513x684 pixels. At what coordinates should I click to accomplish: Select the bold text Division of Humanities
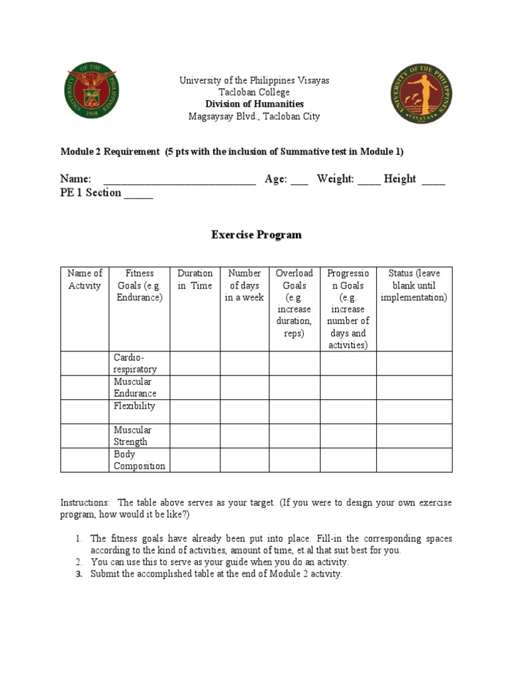coord(254,104)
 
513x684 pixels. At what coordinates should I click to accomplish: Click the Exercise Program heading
coord(256,234)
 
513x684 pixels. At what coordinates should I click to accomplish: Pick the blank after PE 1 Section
coord(138,194)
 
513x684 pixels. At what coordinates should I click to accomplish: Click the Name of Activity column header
coord(85,279)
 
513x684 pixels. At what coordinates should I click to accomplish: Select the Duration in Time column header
coord(195,279)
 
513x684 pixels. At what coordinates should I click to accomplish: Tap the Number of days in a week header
coord(244,285)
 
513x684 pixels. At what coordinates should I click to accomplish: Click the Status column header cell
coord(414,285)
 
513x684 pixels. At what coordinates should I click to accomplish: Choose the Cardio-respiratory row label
coord(135,363)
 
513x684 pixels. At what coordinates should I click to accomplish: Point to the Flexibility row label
coord(134,406)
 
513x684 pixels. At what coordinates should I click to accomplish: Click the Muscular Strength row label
coord(132,436)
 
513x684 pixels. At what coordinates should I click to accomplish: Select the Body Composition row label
coord(139,460)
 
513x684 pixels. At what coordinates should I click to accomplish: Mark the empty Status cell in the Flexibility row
coord(414,411)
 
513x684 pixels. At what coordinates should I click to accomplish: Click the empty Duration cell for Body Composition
coord(195,460)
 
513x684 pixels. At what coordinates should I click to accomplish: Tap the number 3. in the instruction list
coord(78,574)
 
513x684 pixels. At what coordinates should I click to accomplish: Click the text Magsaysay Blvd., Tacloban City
coord(254,116)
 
